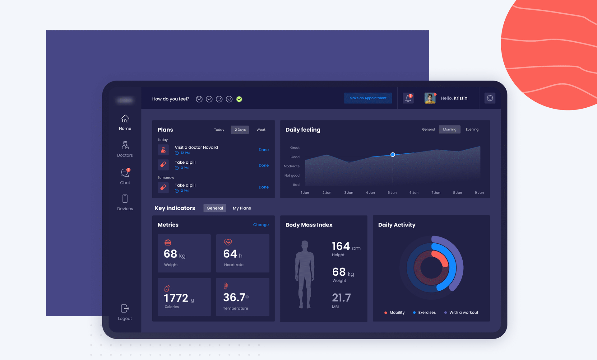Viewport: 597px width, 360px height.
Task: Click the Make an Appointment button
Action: (x=368, y=98)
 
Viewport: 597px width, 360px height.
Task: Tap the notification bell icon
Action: (x=408, y=98)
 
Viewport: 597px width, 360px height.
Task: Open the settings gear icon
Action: (x=490, y=98)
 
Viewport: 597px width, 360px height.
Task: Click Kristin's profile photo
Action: (x=430, y=98)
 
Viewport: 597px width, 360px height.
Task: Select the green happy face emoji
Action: (x=239, y=99)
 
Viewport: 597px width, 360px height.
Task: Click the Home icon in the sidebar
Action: (x=125, y=119)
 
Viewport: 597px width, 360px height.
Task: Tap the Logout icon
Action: (x=125, y=309)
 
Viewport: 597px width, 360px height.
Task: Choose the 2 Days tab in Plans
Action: (x=240, y=130)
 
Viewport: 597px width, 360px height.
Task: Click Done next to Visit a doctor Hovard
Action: (x=263, y=150)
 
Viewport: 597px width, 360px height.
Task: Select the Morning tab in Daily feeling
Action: (x=449, y=129)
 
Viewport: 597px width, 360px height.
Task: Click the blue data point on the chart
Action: (x=393, y=155)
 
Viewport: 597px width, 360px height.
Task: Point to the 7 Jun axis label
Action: (x=436, y=193)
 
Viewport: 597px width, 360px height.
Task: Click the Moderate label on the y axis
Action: (x=292, y=166)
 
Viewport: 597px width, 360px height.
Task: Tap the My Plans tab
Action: (x=242, y=208)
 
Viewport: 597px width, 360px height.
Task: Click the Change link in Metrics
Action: (x=261, y=225)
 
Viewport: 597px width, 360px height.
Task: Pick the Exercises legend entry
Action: (x=427, y=312)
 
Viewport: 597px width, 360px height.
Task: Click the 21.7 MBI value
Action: (x=341, y=298)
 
